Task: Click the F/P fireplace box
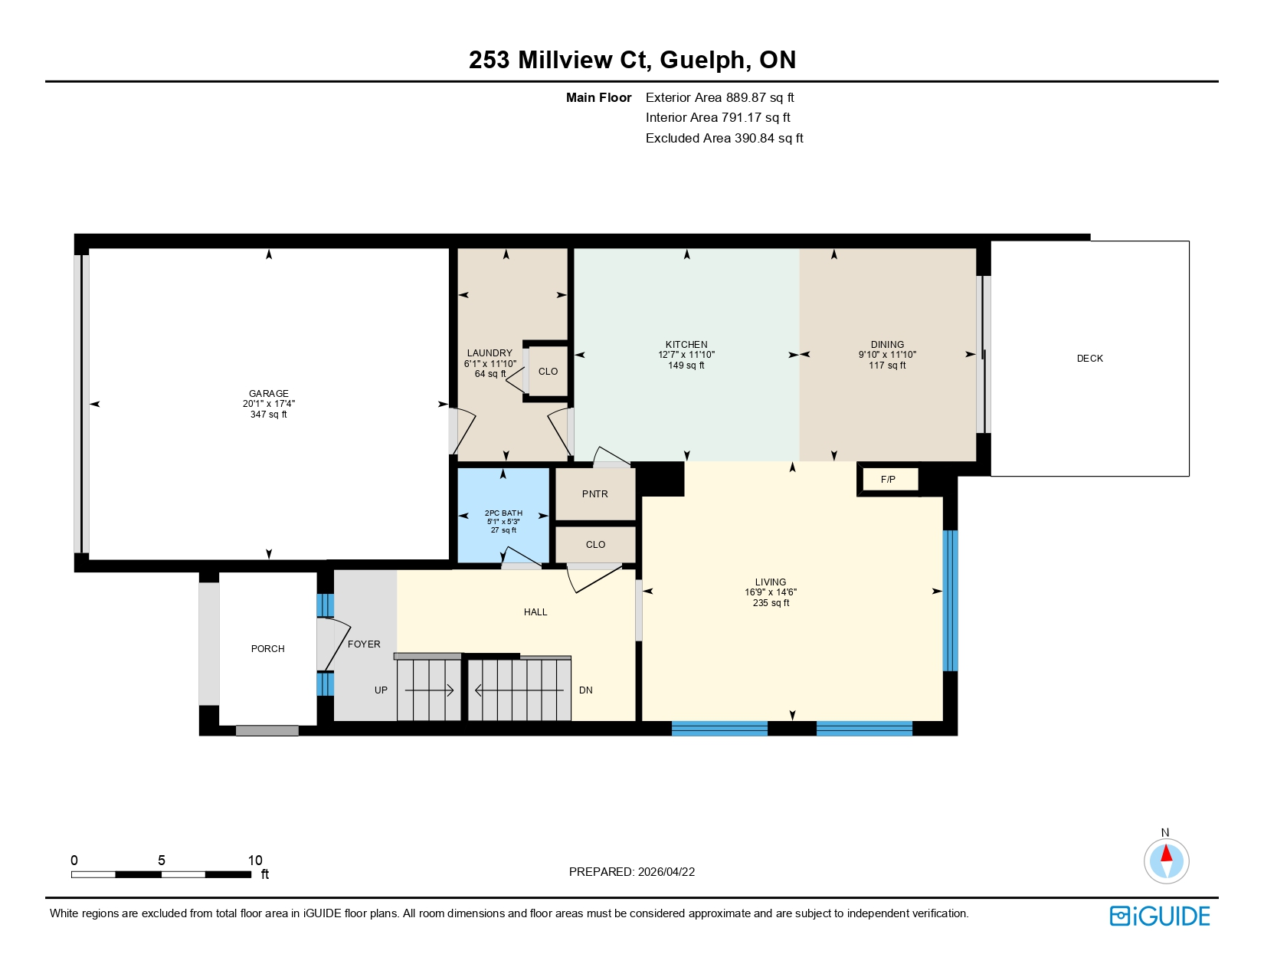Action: (x=889, y=480)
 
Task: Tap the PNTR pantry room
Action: (x=595, y=494)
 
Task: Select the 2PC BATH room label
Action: (x=503, y=513)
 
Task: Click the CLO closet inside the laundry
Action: (x=548, y=372)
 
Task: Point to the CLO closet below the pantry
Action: (x=595, y=545)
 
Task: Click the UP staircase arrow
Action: (x=430, y=690)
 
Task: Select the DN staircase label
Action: (x=586, y=690)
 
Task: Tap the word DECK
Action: (x=1089, y=359)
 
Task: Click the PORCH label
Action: (x=268, y=649)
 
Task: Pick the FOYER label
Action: (x=364, y=644)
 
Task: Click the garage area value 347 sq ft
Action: (x=269, y=415)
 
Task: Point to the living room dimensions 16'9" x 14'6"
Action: (x=771, y=592)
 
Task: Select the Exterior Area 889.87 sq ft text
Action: (x=719, y=97)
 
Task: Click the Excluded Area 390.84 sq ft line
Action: (x=724, y=138)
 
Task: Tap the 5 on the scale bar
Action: (x=162, y=861)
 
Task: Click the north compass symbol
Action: (x=1166, y=860)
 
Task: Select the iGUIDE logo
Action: (x=1160, y=916)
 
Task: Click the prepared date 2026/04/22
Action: (x=666, y=872)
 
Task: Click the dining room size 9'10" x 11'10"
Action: (x=887, y=355)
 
